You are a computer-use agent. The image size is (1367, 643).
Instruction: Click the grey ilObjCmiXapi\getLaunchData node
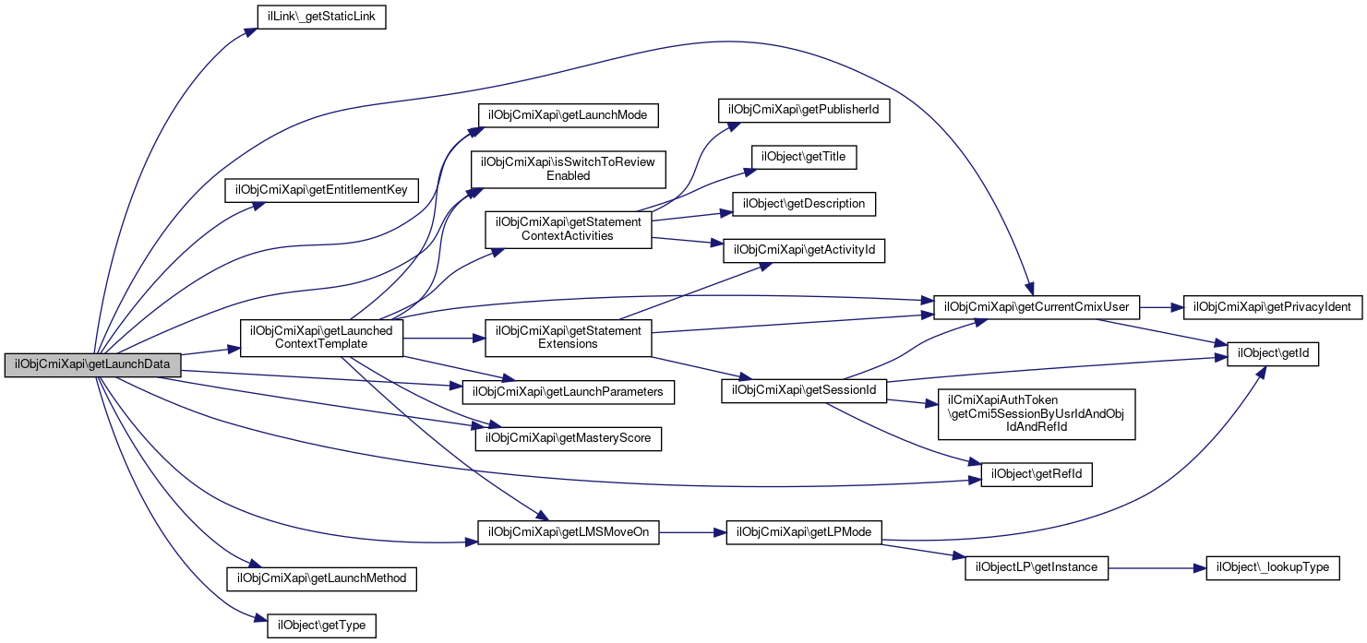[92, 364]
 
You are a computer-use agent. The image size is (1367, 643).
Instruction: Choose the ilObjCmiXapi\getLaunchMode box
[568, 114]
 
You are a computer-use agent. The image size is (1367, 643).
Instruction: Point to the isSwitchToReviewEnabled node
[568, 169]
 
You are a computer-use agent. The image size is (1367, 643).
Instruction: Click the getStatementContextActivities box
[568, 229]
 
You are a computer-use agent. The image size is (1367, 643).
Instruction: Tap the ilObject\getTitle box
[804, 158]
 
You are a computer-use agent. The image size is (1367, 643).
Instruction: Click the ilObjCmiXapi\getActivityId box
[804, 250]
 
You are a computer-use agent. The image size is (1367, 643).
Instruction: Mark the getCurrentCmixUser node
[1037, 305]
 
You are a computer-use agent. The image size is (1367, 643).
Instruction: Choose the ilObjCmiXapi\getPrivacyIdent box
[1273, 305]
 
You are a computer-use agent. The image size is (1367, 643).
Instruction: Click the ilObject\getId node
[1273, 353]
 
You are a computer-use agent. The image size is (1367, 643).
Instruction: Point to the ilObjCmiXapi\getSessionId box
[804, 390]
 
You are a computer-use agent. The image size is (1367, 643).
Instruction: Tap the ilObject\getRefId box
[1037, 475]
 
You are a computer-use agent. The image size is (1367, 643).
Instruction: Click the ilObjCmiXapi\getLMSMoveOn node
[568, 532]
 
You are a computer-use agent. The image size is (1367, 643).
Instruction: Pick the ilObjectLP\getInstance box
[1037, 567]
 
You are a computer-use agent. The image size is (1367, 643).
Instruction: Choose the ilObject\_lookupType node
[1273, 567]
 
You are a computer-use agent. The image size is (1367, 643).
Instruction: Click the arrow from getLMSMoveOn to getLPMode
[693, 532]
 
